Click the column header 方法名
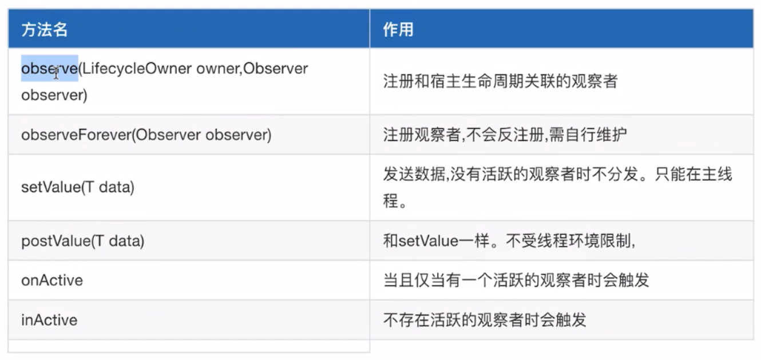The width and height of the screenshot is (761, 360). click(x=45, y=30)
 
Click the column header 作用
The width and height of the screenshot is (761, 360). click(x=398, y=30)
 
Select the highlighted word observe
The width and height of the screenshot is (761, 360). click(x=49, y=68)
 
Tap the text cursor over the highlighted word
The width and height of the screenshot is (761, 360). click(x=56, y=73)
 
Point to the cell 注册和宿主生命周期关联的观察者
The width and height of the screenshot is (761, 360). click(x=500, y=81)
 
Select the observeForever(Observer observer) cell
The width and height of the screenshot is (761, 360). click(x=146, y=134)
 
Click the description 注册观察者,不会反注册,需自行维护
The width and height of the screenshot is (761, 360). click(x=505, y=134)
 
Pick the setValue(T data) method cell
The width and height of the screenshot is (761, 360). click(x=78, y=187)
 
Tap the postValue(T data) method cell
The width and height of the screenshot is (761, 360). click(x=83, y=241)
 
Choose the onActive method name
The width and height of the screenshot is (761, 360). click(x=52, y=280)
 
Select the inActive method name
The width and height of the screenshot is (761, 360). click(x=49, y=319)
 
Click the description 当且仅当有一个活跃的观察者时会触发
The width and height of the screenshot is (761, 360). click(x=516, y=280)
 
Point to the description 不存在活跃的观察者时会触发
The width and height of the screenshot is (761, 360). click(x=485, y=319)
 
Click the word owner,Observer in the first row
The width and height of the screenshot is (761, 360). click(x=252, y=68)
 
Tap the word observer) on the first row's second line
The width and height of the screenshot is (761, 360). click(x=54, y=94)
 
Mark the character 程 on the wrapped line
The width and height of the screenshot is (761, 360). click(x=391, y=201)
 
